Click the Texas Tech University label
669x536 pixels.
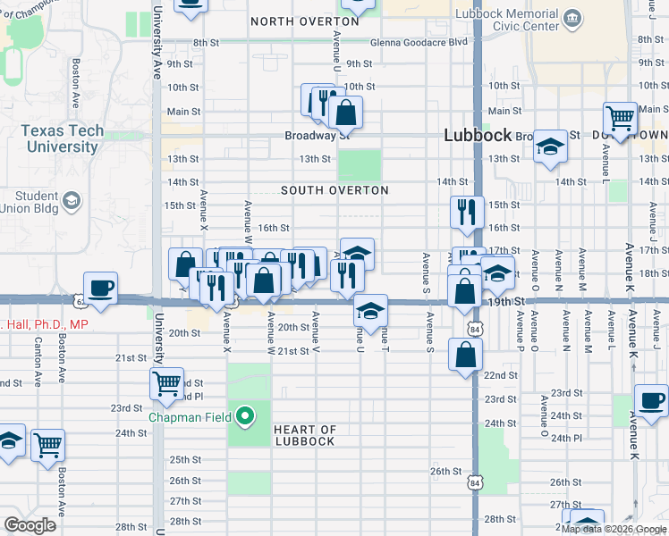pyautogui.click(x=62, y=138)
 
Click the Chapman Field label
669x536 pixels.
pyautogui.click(x=188, y=416)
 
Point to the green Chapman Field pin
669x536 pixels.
pyautogui.click(x=244, y=415)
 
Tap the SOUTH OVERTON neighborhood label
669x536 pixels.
pyautogui.click(x=334, y=190)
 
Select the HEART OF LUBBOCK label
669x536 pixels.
pyautogui.click(x=304, y=436)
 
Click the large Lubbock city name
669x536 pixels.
pyautogui.click(x=478, y=135)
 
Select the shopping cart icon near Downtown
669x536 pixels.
pyautogui.click(x=620, y=117)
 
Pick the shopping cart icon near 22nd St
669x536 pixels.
pyautogui.click(x=166, y=384)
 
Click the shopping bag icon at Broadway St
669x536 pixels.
pyautogui.click(x=345, y=113)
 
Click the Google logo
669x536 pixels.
pyautogui.click(x=30, y=525)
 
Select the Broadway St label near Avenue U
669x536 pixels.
pyautogui.click(x=317, y=136)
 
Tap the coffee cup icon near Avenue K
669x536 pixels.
pyautogui.click(x=650, y=401)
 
